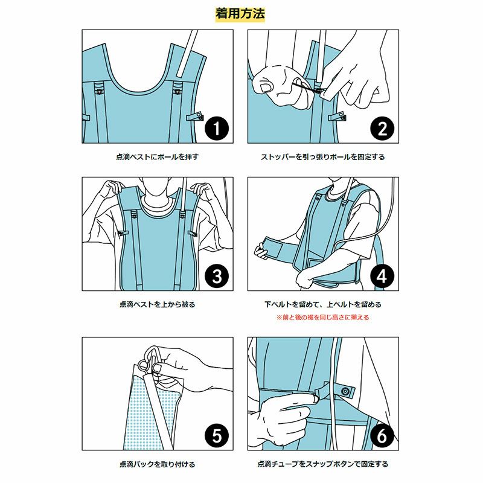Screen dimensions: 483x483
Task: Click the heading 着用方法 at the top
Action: [x=240, y=14]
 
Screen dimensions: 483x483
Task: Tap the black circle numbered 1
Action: [x=217, y=129]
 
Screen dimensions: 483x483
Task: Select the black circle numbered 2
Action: [x=382, y=129]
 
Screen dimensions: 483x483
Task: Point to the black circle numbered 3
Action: [x=217, y=276]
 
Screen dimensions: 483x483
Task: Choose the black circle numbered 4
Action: [x=382, y=276]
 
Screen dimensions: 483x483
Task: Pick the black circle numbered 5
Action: [x=217, y=435]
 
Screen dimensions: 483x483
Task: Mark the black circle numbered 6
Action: [x=382, y=435]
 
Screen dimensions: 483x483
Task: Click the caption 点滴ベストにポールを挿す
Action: [x=157, y=157]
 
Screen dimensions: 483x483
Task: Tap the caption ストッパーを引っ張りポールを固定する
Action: [x=323, y=157]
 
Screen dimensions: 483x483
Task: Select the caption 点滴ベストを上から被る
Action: [x=157, y=304]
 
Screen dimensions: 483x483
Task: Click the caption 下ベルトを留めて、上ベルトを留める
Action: [x=323, y=304]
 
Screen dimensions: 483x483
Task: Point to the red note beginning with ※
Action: [x=322, y=318]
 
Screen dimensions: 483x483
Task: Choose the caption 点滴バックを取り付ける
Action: [x=157, y=464]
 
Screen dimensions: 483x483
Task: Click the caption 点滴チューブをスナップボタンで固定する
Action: [x=323, y=464]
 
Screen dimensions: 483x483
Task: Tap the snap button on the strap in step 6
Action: [x=345, y=391]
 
